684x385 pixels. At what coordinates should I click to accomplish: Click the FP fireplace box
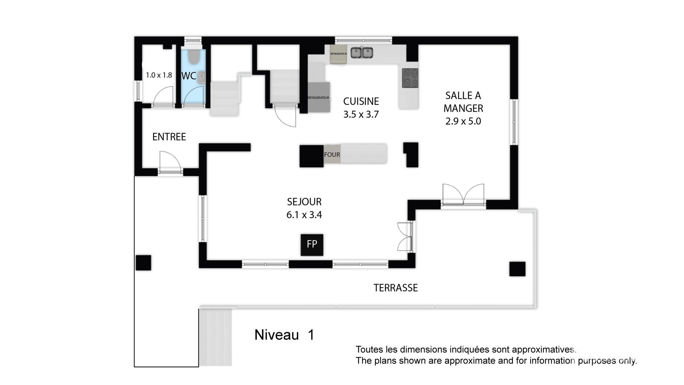[312, 245]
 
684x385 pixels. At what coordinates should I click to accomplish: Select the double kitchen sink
[362, 52]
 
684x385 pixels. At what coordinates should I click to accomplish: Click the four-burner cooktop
[410, 78]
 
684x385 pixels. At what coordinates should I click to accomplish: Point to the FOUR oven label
[332, 155]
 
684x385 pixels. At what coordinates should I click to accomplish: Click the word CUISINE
[361, 101]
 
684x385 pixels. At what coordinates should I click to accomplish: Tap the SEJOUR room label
[304, 202]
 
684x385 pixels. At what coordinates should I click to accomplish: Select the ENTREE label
[169, 137]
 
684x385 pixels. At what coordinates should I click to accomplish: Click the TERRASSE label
[395, 288]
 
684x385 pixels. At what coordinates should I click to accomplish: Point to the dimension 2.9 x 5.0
[463, 121]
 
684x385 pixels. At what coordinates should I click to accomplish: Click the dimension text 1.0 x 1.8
[159, 75]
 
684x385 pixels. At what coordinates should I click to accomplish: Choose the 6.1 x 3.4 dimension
[304, 215]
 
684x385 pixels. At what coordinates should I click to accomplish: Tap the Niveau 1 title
[284, 335]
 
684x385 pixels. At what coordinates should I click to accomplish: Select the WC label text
[189, 76]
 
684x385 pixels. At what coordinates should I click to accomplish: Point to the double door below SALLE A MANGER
[463, 195]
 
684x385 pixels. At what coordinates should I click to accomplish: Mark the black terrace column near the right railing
[517, 269]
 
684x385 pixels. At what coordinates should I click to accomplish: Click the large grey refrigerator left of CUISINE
[319, 97]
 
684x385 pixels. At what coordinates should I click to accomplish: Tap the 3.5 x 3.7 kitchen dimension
[361, 114]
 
